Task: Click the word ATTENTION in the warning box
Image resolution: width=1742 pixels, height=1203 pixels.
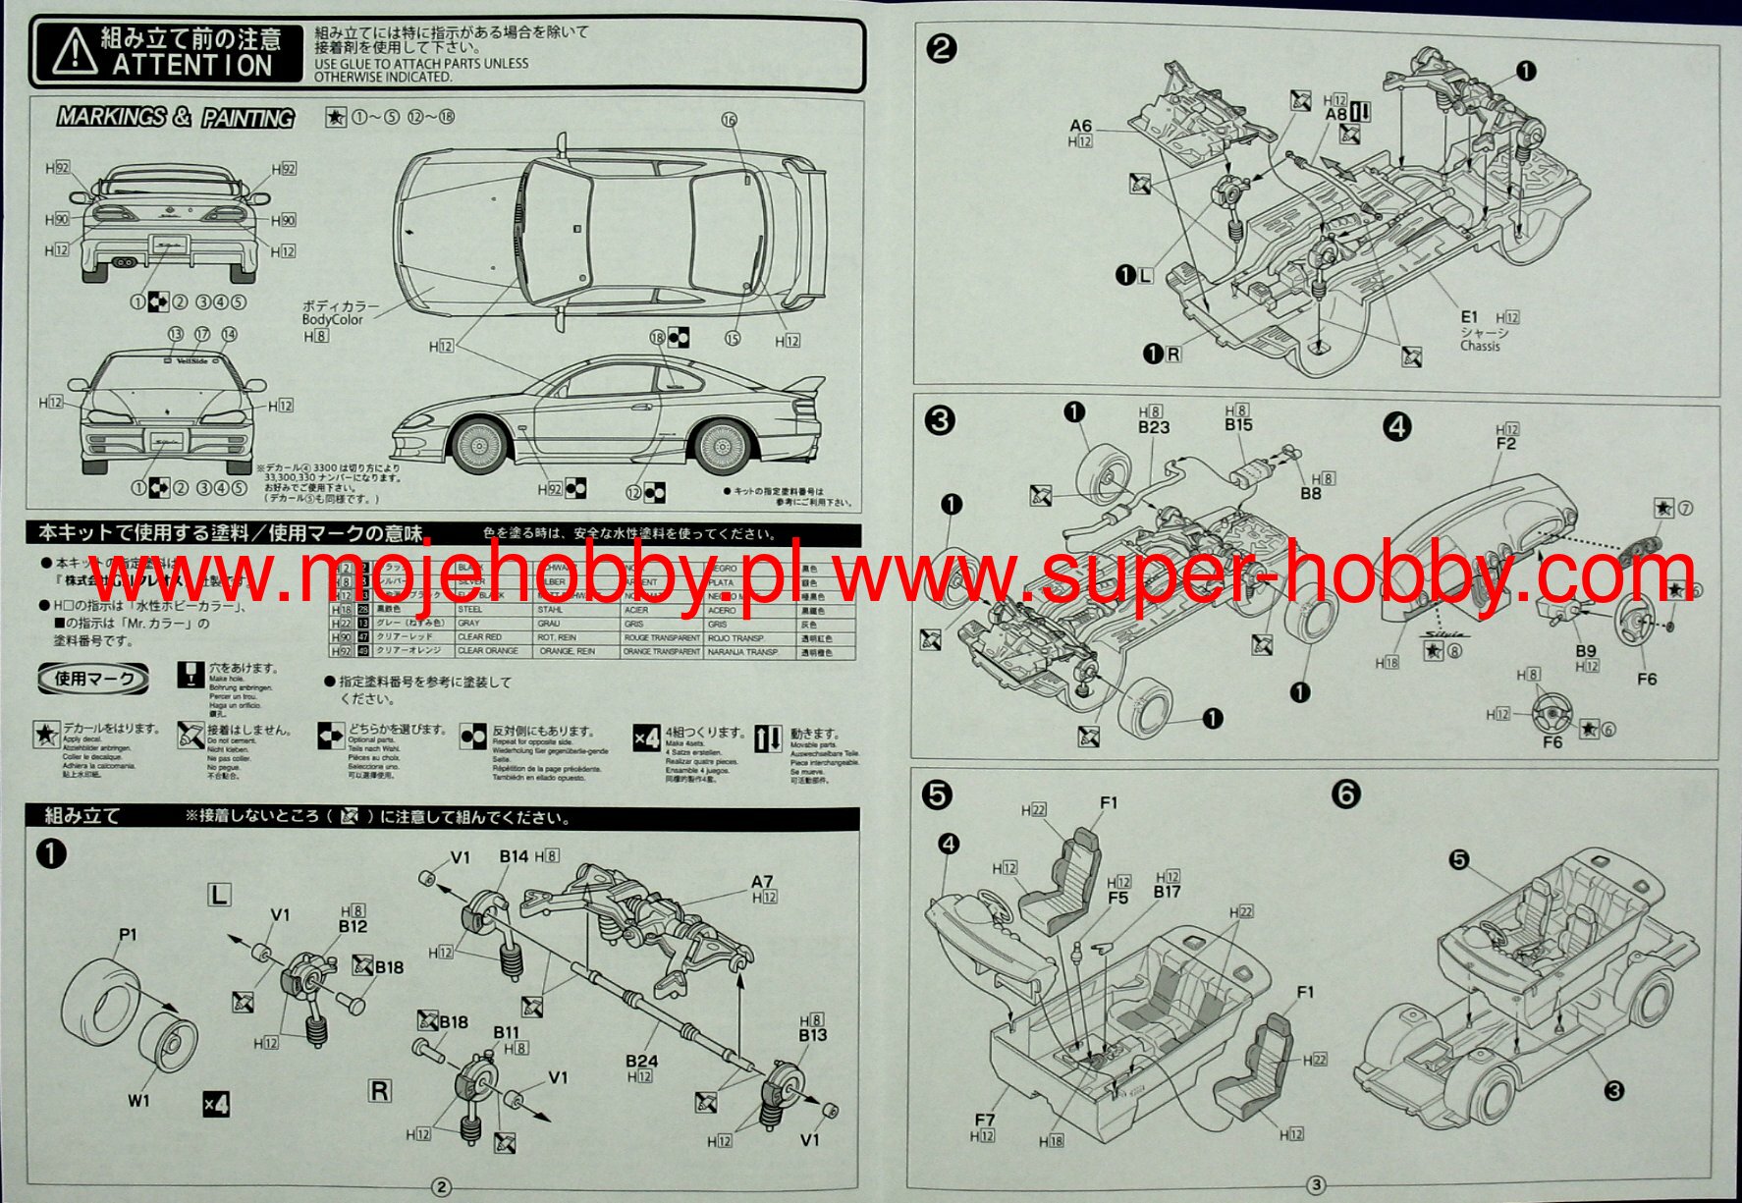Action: [191, 66]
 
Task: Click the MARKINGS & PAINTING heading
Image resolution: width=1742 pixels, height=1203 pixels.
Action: [176, 117]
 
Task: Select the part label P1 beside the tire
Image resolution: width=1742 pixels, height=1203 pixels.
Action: [127, 935]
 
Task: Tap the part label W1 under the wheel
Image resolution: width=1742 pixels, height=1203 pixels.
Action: [138, 1101]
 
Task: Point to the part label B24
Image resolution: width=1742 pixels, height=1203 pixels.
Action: [641, 1061]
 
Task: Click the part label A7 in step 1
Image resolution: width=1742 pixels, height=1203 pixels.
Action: [762, 882]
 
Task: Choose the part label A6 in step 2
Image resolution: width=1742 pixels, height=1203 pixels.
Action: [1080, 126]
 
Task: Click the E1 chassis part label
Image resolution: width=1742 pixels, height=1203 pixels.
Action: [1469, 317]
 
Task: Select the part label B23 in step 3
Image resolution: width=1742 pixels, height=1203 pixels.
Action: [1154, 427]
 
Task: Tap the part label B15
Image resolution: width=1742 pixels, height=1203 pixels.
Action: [1238, 425]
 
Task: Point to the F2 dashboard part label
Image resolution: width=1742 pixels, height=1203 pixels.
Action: [1506, 444]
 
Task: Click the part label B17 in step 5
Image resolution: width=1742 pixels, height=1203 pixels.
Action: [1168, 892]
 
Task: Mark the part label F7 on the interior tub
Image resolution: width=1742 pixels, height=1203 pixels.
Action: [984, 1120]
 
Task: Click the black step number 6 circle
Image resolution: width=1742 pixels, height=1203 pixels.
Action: [1346, 793]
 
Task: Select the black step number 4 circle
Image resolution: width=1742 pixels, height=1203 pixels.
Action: [1396, 426]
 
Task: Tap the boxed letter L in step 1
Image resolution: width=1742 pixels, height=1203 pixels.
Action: [219, 894]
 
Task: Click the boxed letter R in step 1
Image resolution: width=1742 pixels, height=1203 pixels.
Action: [379, 1090]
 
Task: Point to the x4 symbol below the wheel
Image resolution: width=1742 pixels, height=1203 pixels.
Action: [216, 1103]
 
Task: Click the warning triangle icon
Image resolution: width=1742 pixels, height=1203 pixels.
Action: [75, 53]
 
